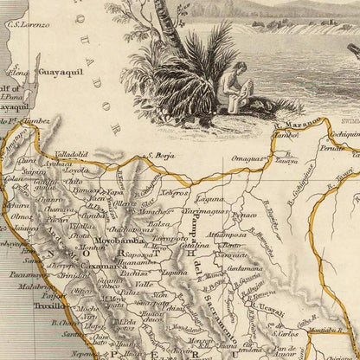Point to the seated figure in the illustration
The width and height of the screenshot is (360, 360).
tap(231, 90)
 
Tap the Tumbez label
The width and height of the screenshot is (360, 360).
tap(36, 122)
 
